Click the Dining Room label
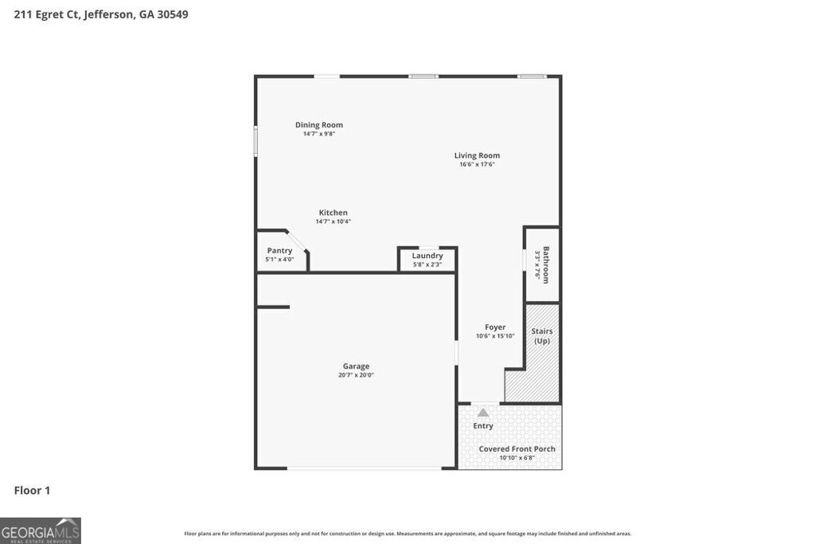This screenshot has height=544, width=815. (319, 125)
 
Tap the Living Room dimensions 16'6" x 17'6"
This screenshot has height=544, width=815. (477, 165)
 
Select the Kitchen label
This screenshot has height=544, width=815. (333, 213)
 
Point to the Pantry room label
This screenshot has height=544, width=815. (279, 250)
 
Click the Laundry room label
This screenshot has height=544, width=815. (427, 256)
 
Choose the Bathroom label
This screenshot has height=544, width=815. (546, 264)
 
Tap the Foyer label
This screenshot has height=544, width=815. (495, 327)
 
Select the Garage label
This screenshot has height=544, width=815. (356, 366)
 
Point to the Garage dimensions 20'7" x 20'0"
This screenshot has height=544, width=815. (356, 375)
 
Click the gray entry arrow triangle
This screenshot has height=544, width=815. (482, 412)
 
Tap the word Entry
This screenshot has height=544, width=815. (483, 426)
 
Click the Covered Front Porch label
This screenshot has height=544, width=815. (517, 449)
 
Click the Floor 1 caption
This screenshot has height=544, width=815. (32, 491)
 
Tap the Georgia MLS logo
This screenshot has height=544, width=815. (41, 530)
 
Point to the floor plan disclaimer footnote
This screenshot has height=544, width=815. (407, 534)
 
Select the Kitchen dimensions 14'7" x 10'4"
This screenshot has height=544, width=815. (333, 221)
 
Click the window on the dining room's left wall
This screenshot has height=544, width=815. (255, 141)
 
